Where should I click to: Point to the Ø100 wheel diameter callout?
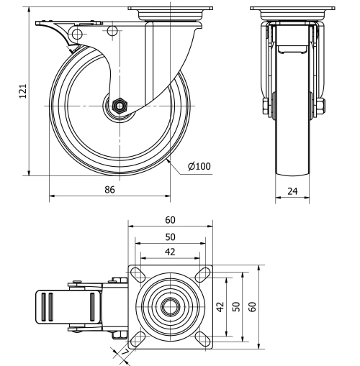199,167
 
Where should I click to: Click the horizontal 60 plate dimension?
170,220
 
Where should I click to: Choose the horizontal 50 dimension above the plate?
170,236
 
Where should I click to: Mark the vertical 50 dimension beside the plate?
237,306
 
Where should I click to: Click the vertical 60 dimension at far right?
252,306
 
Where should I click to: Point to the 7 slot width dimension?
124,354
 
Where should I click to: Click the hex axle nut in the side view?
120,106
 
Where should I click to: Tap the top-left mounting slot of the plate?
136,273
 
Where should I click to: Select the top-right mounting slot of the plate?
204,273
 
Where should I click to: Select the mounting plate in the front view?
292,9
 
